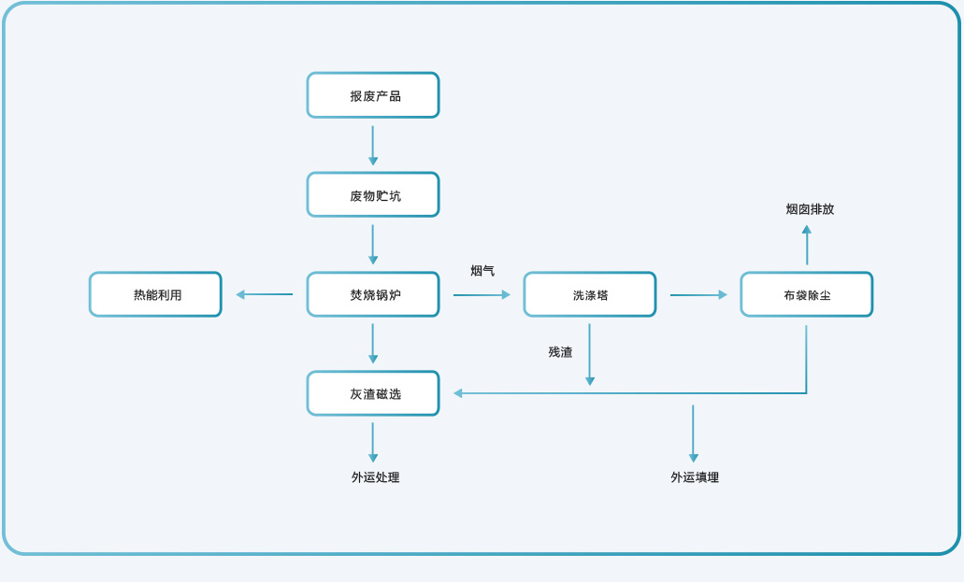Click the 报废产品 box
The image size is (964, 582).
(x=373, y=95)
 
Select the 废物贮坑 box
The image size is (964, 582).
(x=373, y=195)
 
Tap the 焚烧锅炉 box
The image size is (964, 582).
(x=373, y=294)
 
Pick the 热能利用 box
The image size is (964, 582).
(x=155, y=294)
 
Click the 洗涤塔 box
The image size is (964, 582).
(x=589, y=294)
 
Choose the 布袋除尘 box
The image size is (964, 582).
(x=806, y=294)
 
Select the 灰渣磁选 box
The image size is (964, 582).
(x=373, y=393)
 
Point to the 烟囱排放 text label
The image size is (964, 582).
(x=810, y=209)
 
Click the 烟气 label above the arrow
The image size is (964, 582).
(x=482, y=271)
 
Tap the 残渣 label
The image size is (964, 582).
(x=560, y=352)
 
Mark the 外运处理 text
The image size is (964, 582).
(x=375, y=477)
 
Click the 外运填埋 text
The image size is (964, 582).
(x=695, y=477)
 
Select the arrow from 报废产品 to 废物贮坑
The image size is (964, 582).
(x=373, y=146)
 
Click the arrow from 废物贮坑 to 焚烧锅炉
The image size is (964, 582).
(x=373, y=245)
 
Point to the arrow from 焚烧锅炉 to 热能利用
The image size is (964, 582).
(x=265, y=294)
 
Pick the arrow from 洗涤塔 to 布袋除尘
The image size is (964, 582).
(x=698, y=295)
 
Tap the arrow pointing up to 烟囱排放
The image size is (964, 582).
(x=807, y=245)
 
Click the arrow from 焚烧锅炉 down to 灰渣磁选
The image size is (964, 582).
(x=373, y=344)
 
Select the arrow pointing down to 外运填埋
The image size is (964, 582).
(x=693, y=433)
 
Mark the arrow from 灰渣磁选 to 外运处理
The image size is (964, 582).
(x=373, y=443)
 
